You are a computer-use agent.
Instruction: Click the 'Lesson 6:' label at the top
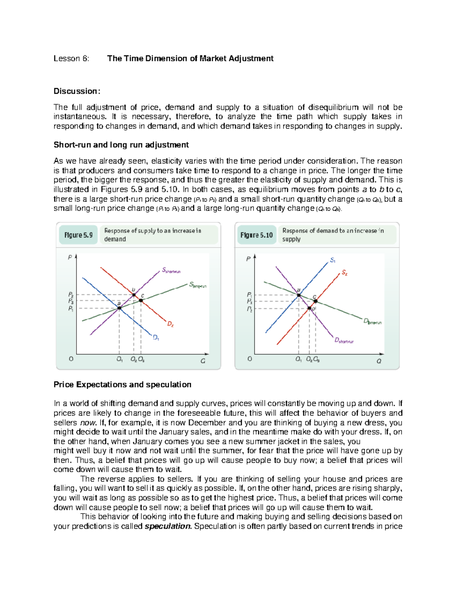click(71, 59)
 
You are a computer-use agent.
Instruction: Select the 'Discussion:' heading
click(77, 91)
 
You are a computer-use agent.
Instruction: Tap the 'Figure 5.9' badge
click(78, 235)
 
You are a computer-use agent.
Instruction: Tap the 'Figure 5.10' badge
click(256, 235)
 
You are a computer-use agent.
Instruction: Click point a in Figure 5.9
click(119, 308)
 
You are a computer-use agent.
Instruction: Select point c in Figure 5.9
click(141, 301)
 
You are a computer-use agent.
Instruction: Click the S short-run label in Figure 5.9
click(171, 270)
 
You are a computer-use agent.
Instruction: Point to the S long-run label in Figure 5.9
click(198, 285)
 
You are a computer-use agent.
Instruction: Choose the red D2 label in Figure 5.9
click(170, 324)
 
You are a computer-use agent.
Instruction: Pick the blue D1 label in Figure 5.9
click(156, 337)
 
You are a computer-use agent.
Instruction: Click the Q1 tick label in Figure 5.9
click(119, 359)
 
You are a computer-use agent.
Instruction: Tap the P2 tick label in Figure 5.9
click(71, 294)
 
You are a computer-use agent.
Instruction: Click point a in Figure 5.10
click(299, 295)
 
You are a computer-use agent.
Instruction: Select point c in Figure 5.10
click(315, 302)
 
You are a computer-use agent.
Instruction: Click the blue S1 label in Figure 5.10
click(332, 260)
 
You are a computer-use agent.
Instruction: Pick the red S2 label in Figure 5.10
click(344, 272)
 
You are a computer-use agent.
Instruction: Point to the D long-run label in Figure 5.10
click(372, 322)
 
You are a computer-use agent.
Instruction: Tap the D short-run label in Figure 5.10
click(344, 341)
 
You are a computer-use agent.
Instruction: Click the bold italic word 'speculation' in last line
click(168, 526)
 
